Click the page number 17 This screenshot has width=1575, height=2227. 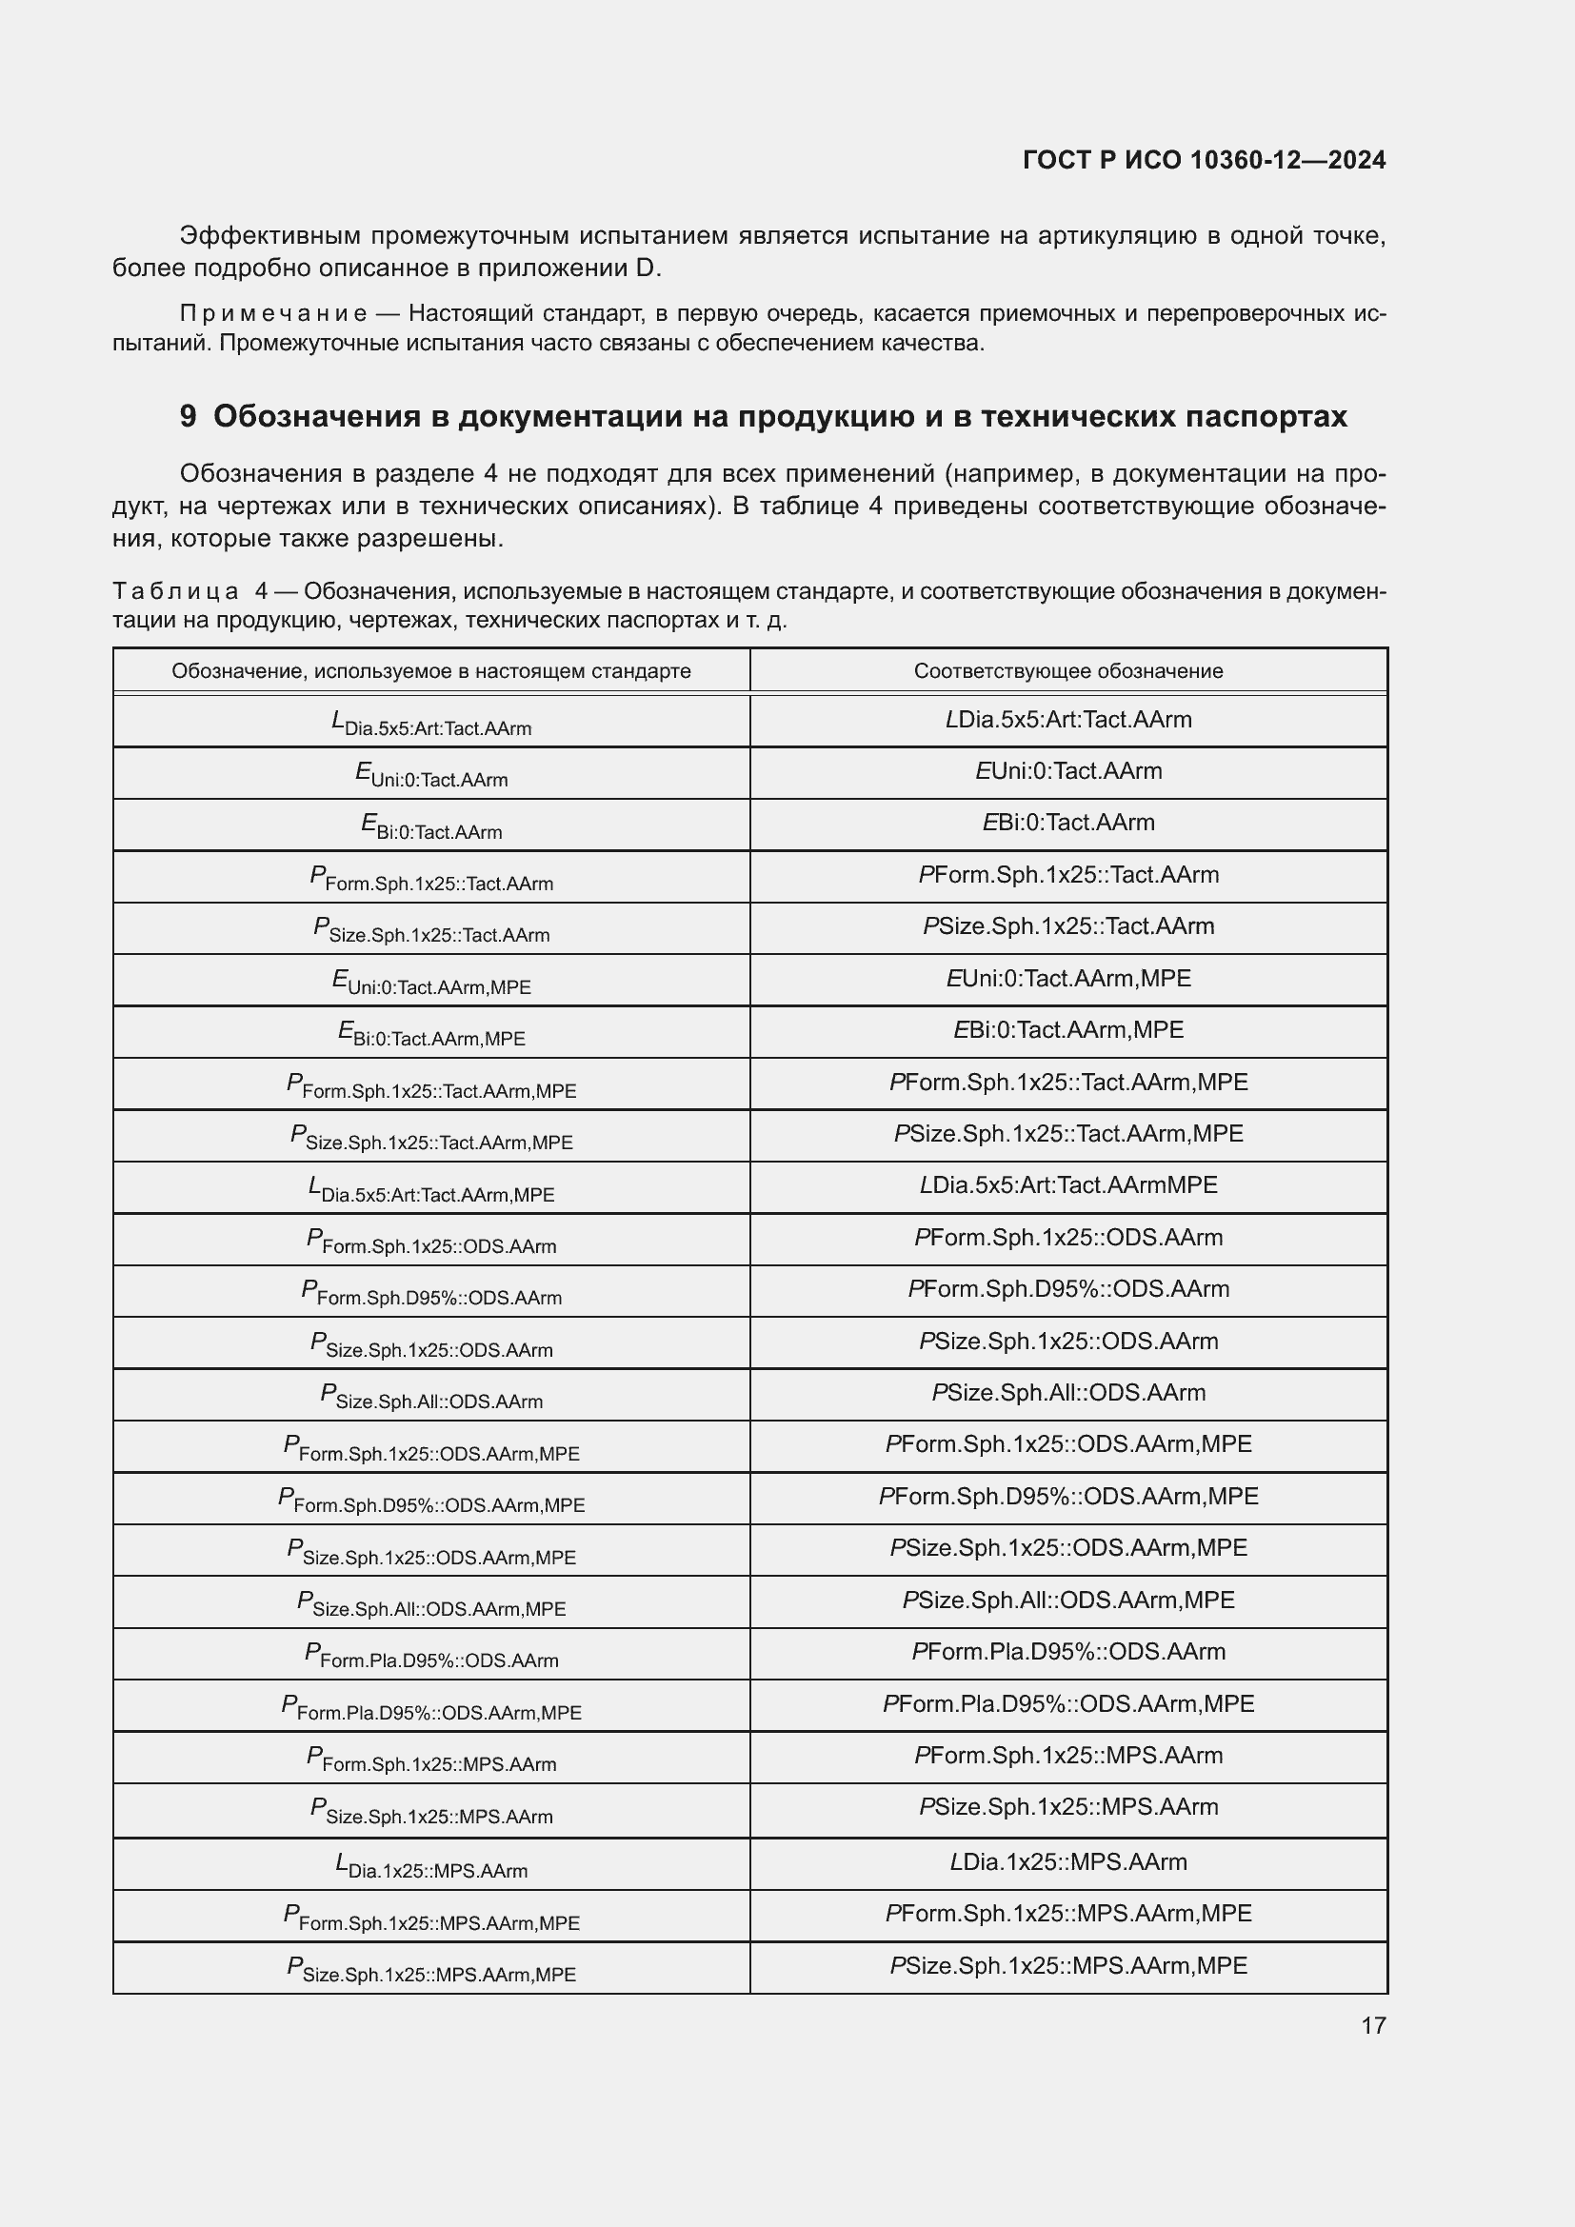tap(1373, 2026)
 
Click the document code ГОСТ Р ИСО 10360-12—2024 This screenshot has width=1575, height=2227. tap(1204, 160)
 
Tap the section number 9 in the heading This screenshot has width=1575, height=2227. tap(188, 416)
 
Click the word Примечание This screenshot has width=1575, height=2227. tap(273, 313)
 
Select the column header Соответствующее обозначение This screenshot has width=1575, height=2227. tap(1067, 670)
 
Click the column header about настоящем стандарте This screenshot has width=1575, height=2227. tap(430, 670)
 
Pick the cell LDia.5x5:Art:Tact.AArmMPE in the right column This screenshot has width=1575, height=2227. tap(1067, 1185)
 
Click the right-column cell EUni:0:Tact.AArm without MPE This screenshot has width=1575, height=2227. tap(1067, 771)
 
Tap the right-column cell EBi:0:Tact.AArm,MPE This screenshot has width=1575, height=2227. tap(1067, 1030)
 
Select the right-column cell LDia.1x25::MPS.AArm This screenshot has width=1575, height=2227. tap(1067, 1862)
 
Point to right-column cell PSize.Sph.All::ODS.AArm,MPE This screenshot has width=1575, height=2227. tap(1067, 1600)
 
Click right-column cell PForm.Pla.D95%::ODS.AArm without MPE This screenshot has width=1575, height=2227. tap(1067, 1652)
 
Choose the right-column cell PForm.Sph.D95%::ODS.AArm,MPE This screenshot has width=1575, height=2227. tap(1067, 1497)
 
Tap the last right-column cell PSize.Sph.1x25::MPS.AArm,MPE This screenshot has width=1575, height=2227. tap(1067, 1966)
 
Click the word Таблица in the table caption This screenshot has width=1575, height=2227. tap(175, 590)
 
